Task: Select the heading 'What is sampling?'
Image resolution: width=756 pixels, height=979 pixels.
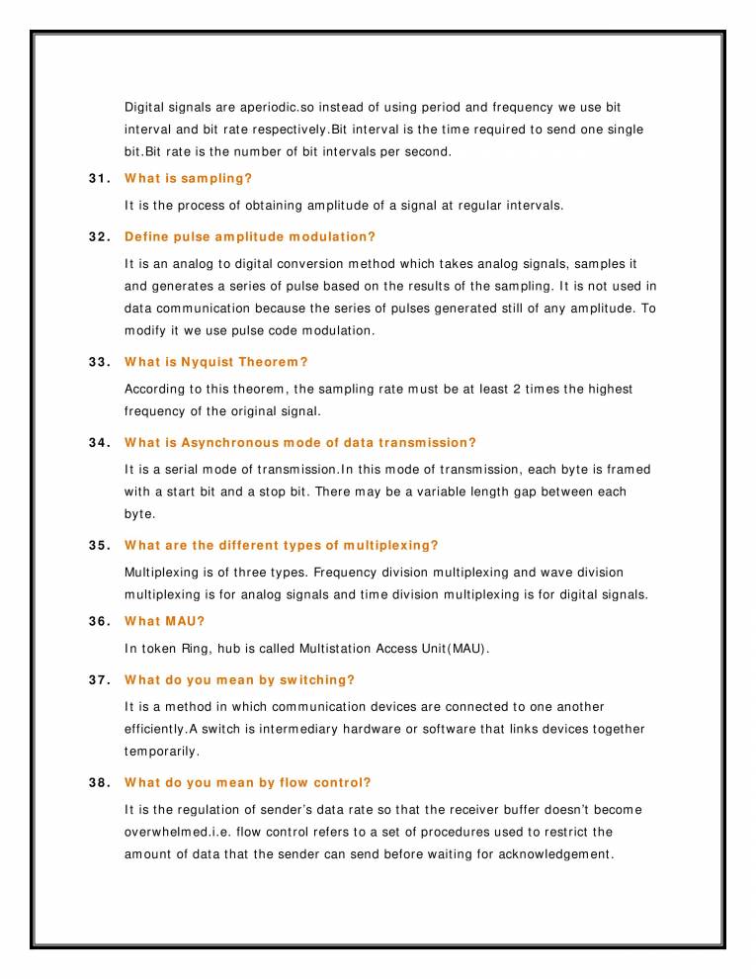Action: click(x=188, y=179)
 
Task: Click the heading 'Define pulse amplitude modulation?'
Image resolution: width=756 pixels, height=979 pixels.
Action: click(x=250, y=237)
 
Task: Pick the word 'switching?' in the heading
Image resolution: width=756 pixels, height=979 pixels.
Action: click(x=320, y=680)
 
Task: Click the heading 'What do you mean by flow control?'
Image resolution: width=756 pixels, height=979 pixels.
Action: click(x=248, y=783)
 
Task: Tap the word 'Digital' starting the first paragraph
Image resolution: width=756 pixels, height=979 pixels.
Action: click(x=144, y=107)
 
